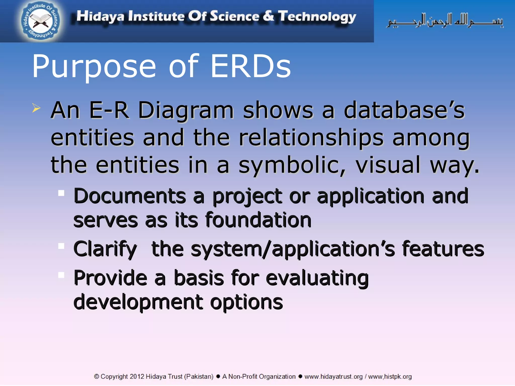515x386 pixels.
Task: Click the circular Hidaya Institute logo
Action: pyautogui.click(x=40, y=21)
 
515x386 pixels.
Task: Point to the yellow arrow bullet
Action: pyautogui.click(x=36, y=108)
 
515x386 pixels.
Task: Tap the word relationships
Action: pyautogui.click(x=311, y=138)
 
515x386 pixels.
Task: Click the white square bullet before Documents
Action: pyautogui.click(x=61, y=193)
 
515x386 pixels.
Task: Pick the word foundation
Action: pyautogui.click(x=258, y=220)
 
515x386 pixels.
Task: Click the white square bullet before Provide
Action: pyautogui.click(x=61, y=275)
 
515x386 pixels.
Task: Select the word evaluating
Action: pyautogui.click(x=317, y=278)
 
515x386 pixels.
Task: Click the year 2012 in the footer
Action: pyautogui.click(x=137, y=376)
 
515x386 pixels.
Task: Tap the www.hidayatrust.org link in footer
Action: pyautogui.click(x=333, y=376)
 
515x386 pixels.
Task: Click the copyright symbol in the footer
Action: pyautogui.click(x=97, y=376)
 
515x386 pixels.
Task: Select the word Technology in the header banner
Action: pyautogui.click(x=317, y=17)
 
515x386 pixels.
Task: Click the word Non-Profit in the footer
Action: pyautogui.click(x=243, y=376)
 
